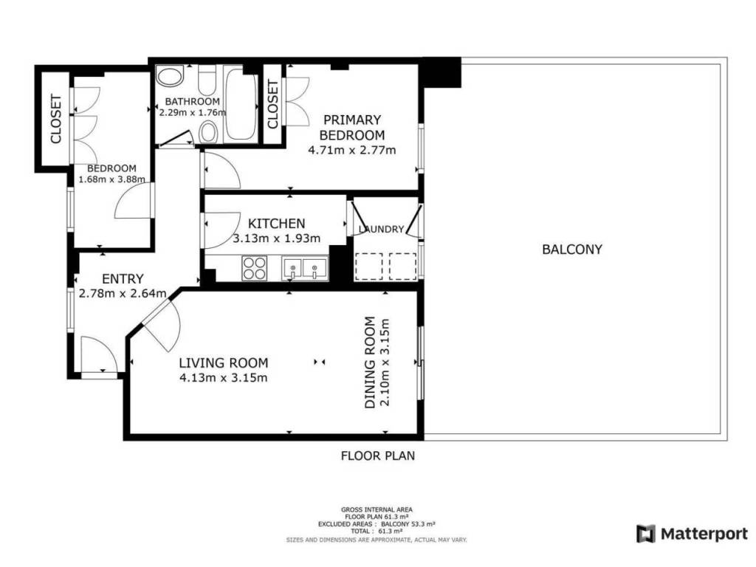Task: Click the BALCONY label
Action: tap(572, 250)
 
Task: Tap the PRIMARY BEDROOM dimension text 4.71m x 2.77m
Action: tap(352, 150)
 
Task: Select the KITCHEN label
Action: tap(276, 223)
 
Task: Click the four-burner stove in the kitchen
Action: tap(254, 267)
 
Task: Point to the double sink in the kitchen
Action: tap(305, 269)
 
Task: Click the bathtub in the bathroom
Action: tap(241, 104)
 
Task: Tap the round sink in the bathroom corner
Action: tap(169, 77)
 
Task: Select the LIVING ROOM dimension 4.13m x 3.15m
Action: tap(223, 377)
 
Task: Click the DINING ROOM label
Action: tap(370, 362)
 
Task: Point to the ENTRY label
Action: tap(123, 278)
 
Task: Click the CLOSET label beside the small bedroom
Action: tap(56, 119)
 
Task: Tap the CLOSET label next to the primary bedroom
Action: tap(272, 105)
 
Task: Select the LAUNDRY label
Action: tap(381, 229)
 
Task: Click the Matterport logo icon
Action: tap(645, 534)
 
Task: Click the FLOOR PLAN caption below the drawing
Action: tap(377, 456)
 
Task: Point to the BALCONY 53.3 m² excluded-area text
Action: tap(408, 523)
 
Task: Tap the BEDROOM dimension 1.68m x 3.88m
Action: tap(112, 179)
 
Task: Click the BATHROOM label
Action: tap(193, 101)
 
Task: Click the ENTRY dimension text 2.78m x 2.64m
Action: tap(123, 293)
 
